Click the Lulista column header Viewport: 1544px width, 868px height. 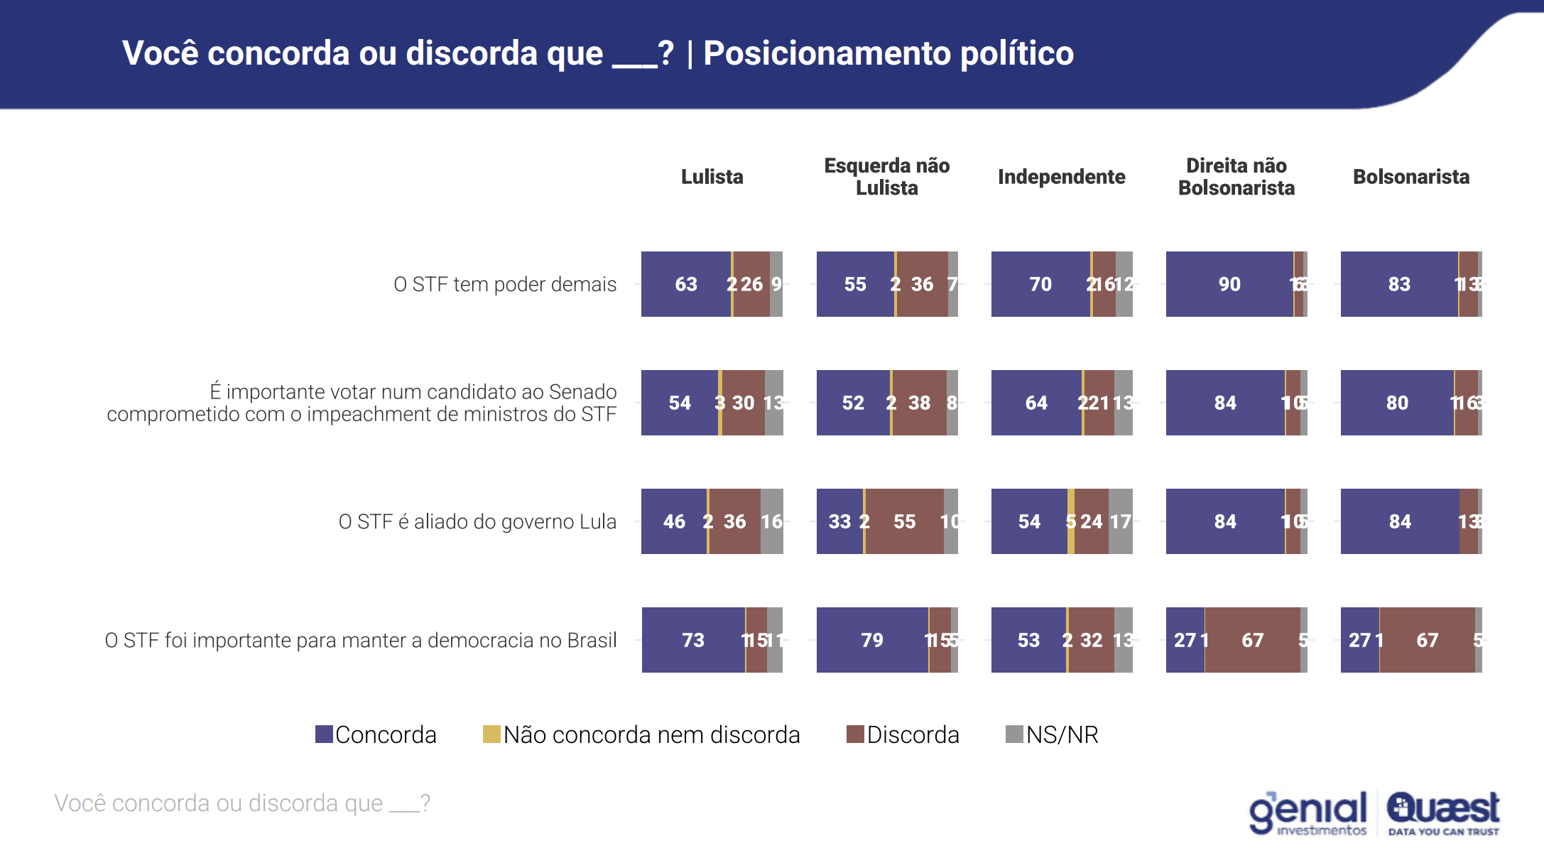712,177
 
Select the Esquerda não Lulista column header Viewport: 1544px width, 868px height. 886,177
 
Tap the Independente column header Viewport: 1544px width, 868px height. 1061,177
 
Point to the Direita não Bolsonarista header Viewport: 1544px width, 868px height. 1236,177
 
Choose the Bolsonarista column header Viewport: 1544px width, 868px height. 1410,177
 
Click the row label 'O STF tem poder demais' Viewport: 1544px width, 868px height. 505,284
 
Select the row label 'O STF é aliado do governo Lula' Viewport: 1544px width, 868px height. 477,521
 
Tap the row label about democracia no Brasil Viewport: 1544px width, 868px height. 361,640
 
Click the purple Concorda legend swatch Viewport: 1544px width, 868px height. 324,734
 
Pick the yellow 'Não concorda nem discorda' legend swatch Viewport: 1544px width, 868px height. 491,734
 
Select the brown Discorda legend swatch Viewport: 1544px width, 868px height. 855,734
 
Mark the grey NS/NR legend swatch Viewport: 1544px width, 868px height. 1014,734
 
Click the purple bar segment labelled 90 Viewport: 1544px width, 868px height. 1229,284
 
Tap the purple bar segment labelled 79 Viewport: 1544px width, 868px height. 872,640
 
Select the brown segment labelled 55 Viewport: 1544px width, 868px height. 905,521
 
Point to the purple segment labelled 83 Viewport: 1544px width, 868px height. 1399,284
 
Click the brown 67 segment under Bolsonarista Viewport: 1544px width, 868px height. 1428,640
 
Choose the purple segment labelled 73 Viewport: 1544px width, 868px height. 693,640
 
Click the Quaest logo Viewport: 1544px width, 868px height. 1443,813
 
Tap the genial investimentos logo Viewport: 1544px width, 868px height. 1307,813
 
